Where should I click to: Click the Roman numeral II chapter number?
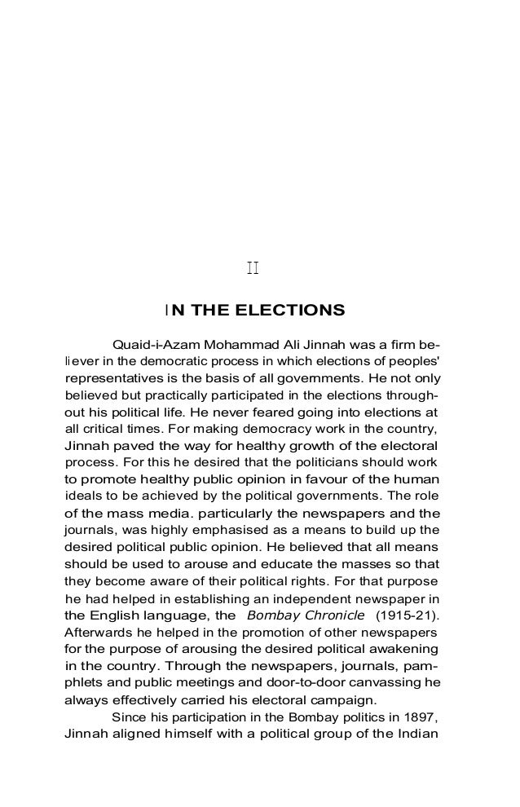pyautogui.click(x=253, y=268)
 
